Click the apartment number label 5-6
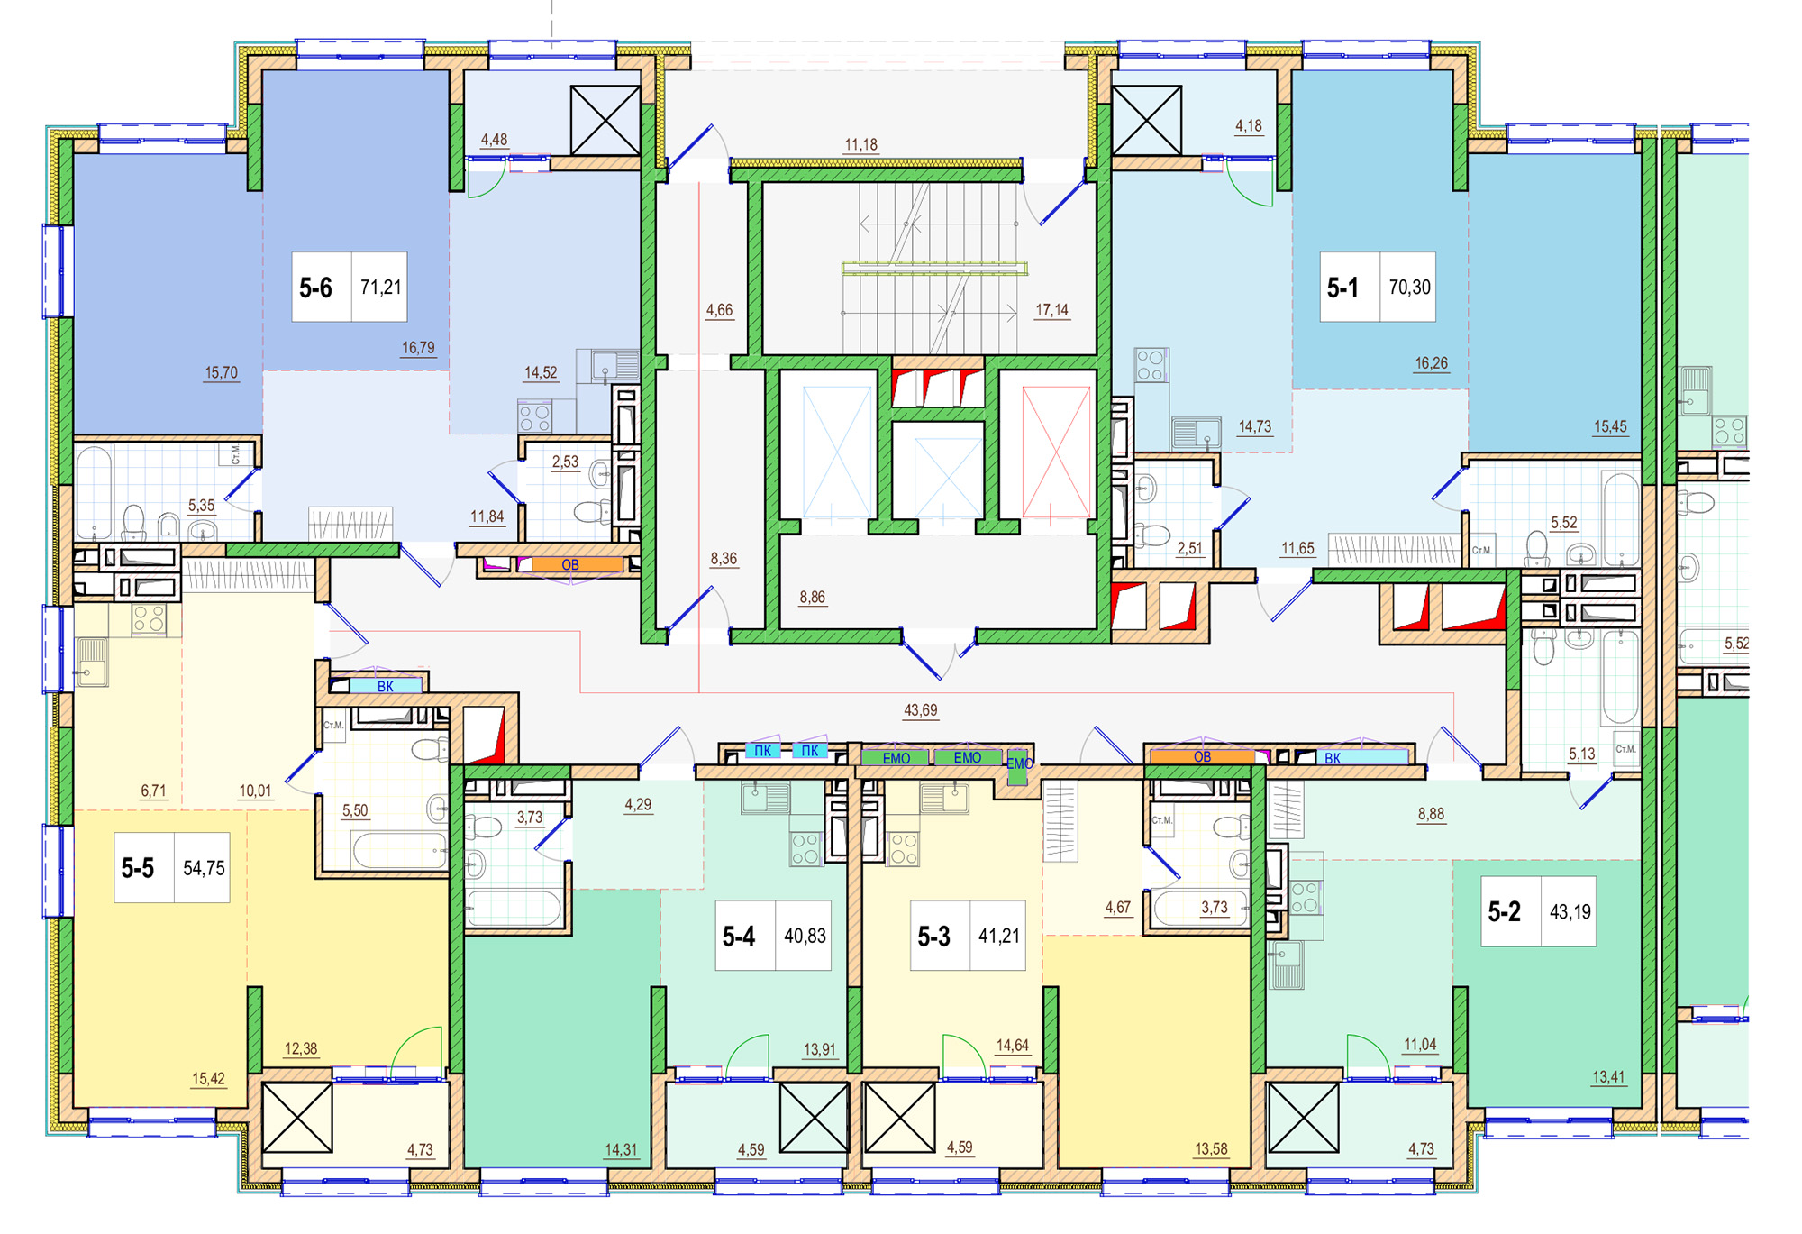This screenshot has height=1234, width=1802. [x=315, y=288]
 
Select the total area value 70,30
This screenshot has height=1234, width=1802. [x=1409, y=288]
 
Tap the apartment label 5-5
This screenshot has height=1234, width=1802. [x=138, y=868]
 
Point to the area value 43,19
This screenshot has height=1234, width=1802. [x=1570, y=911]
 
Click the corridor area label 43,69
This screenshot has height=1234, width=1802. [x=920, y=710]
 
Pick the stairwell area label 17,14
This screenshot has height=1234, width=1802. [x=1051, y=310]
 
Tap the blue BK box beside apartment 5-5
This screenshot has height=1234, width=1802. [x=386, y=686]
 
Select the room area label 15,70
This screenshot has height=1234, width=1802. [x=221, y=372]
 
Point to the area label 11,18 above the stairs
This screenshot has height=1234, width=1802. [x=860, y=144]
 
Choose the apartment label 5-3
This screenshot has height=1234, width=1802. [x=933, y=937]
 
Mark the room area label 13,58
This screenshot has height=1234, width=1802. [x=1211, y=1149]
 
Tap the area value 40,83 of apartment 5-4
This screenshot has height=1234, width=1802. [x=805, y=936]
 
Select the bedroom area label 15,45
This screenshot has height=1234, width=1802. [x=1610, y=426]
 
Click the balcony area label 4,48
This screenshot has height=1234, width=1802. [x=494, y=140]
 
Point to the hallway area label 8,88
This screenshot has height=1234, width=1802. [x=1431, y=814]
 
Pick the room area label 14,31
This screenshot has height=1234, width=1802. [x=620, y=1149]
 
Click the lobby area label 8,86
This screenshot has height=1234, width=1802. [x=812, y=597]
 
